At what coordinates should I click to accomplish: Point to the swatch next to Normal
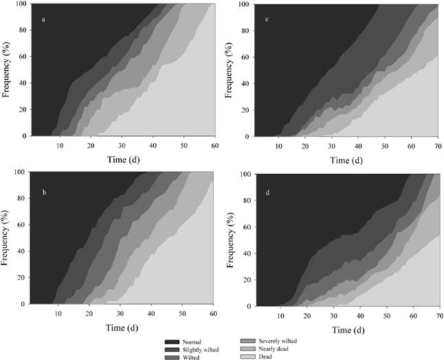tap(174, 341)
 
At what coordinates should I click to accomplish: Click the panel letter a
tap(44, 19)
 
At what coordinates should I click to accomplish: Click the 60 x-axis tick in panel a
tap(215, 146)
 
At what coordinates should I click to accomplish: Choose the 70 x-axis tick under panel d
tap(439, 317)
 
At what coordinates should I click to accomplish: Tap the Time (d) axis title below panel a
tap(124, 159)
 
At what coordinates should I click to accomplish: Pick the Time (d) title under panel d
tap(347, 329)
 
